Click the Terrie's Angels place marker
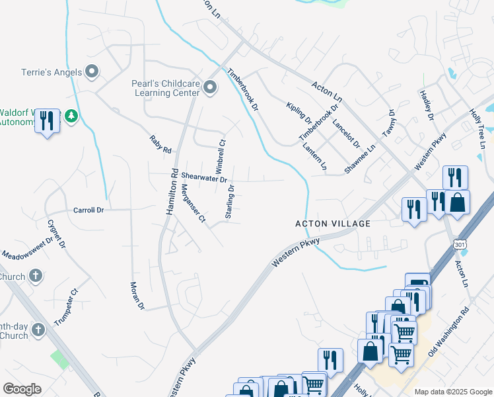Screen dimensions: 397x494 pyautogui.click(x=92, y=71)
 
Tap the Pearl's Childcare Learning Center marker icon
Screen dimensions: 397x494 pyautogui.click(x=210, y=87)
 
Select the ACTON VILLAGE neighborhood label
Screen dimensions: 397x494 pyautogui.click(x=332, y=224)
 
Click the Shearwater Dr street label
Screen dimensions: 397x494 pyautogui.click(x=204, y=178)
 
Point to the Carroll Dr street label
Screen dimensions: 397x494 pyautogui.click(x=88, y=210)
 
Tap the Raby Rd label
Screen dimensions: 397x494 pyautogui.click(x=160, y=143)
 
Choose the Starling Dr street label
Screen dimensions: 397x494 pyautogui.click(x=230, y=202)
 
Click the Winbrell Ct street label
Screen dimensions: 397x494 pyautogui.click(x=221, y=153)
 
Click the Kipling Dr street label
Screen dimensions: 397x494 pyautogui.click(x=299, y=113)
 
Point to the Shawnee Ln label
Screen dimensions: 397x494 pyautogui.click(x=360, y=160)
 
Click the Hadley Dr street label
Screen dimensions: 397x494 pyautogui.click(x=426, y=106)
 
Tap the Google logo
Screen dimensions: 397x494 pyautogui.click(x=22, y=389)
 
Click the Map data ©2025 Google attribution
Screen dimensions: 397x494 pyautogui.click(x=453, y=392)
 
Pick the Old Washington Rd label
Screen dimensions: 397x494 pyautogui.click(x=448, y=331)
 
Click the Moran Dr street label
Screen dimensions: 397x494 pyautogui.click(x=137, y=295)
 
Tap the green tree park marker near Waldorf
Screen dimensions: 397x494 pyautogui.click(x=71, y=116)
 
